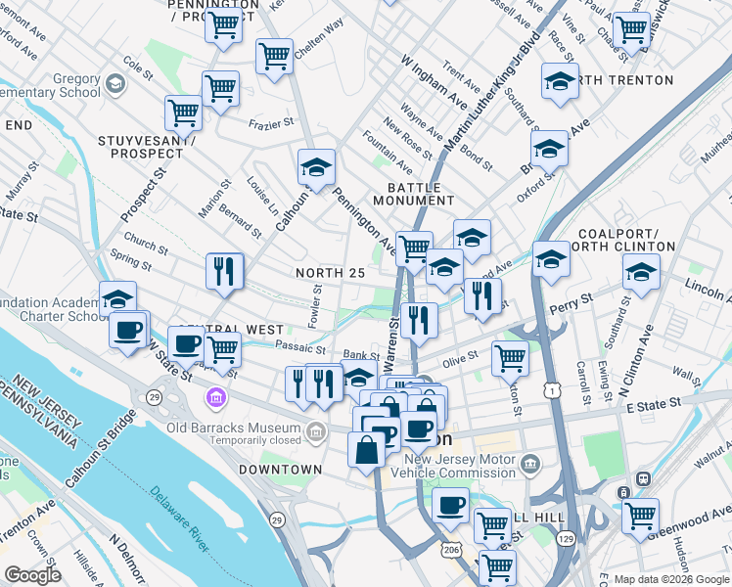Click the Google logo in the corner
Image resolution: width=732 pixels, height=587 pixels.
click(32, 575)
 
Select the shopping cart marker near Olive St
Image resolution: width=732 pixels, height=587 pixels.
click(510, 357)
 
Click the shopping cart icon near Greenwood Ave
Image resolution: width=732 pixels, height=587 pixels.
click(640, 515)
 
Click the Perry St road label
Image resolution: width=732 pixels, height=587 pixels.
click(572, 302)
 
